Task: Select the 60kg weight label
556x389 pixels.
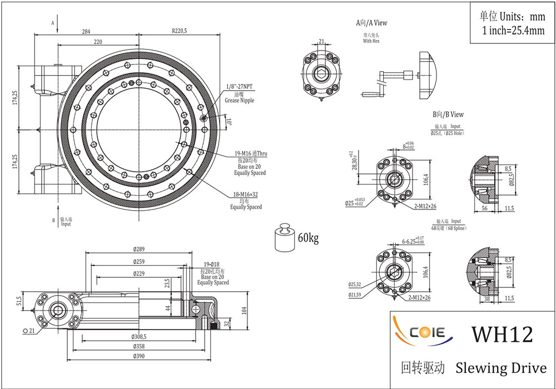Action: (308, 238)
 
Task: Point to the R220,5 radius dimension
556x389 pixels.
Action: (180, 32)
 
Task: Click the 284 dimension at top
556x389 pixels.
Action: (86, 32)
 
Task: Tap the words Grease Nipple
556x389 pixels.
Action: (239, 101)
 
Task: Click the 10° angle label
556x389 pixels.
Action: (228, 121)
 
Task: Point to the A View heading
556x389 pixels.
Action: (371, 23)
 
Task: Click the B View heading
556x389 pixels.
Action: (448, 114)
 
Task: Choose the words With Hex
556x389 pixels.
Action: (371, 41)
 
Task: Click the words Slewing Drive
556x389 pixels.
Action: (501, 367)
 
